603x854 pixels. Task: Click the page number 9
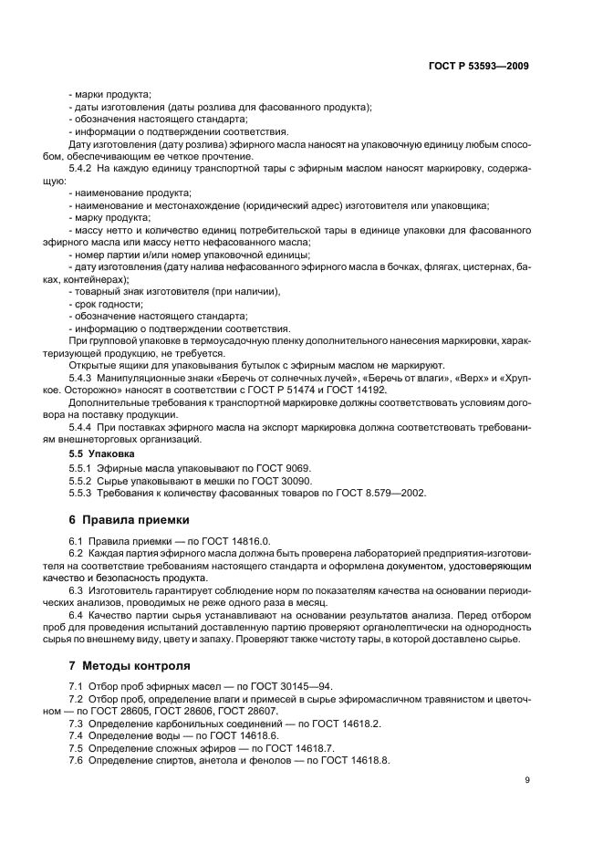coord(527,779)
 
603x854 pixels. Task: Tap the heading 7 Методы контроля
coord(130,664)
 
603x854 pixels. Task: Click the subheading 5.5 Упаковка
coord(101,453)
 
